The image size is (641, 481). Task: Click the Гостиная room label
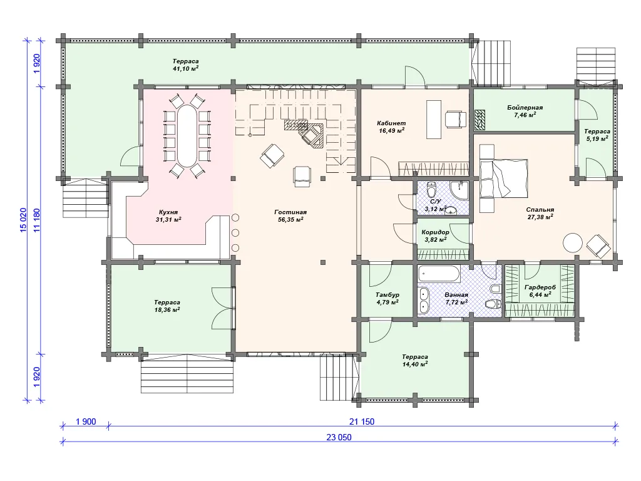290,212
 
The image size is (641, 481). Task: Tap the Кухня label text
168,212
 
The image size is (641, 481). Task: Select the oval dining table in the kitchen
187,136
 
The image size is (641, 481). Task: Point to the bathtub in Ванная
439,274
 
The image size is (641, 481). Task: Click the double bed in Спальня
504,178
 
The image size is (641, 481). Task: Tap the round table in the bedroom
572,243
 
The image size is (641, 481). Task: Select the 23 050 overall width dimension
339,437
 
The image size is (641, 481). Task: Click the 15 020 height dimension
23,220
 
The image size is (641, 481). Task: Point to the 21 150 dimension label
362,422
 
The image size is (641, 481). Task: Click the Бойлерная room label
525,108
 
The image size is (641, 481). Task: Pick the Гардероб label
540,287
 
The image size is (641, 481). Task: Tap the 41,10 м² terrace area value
185,69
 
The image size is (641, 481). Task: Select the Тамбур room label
387,294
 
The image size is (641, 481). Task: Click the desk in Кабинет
434,120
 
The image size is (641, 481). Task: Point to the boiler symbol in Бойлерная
479,120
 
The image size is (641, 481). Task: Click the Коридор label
435,232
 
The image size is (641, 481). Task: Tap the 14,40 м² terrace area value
415,364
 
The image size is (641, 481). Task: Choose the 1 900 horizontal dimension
86,422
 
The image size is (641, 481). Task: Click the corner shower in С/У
460,190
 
